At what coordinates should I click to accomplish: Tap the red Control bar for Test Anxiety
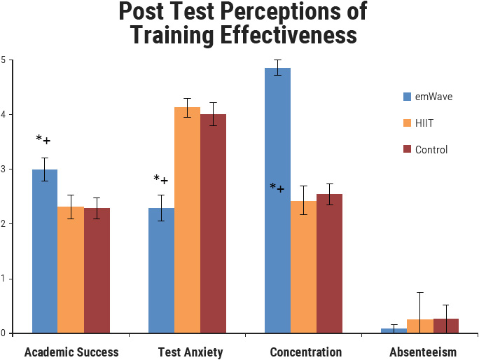[213, 223]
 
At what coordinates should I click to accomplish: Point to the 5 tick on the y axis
[3, 60]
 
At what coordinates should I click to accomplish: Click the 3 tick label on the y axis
[3, 169]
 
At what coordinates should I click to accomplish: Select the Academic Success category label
[71, 352]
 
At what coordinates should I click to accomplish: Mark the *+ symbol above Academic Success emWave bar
[43, 140]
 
